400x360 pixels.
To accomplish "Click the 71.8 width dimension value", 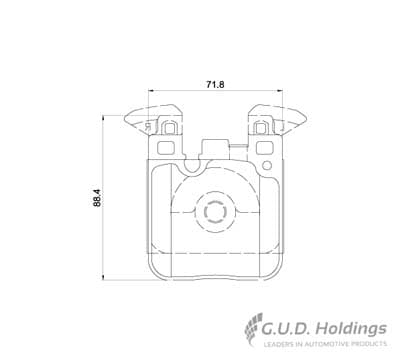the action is tap(215, 84).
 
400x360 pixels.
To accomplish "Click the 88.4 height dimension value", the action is tap(97, 198).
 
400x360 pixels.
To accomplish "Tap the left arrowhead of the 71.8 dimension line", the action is tap(151, 90).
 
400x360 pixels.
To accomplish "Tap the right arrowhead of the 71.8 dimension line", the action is tap(280, 90).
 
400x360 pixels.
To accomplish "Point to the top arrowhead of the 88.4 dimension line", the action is tap(104, 118).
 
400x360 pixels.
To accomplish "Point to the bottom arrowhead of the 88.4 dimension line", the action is tap(104, 277).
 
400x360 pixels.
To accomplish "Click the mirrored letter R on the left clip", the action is tap(148, 127).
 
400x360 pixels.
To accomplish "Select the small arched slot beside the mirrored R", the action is tap(169, 127).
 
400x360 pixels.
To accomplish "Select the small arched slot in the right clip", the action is tap(260, 127).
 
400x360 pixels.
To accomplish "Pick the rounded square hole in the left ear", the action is tap(166, 148).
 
